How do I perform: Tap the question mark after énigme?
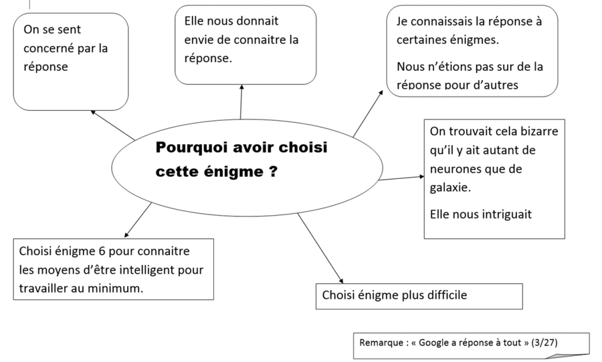tap(273, 171)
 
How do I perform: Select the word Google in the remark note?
tap(433, 343)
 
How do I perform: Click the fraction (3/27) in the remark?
tap(544, 343)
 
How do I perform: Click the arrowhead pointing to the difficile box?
tap(341, 281)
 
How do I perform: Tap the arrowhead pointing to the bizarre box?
tap(422, 176)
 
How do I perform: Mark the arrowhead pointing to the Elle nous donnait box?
tap(241, 87)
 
